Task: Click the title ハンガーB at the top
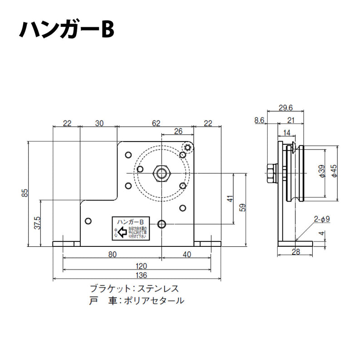click(67, 30)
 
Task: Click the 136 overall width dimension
click(137, 275)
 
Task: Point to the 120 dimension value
click(137, 265)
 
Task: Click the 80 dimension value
click(112, 255)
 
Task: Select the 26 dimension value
click(177, 131)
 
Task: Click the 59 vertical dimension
click(243, 207)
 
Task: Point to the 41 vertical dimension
click(230, 199)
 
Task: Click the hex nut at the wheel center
click(162, 172)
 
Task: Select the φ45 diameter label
click(334, 172)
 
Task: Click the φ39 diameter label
click(321, 172)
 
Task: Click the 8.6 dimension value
click(259, 120)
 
